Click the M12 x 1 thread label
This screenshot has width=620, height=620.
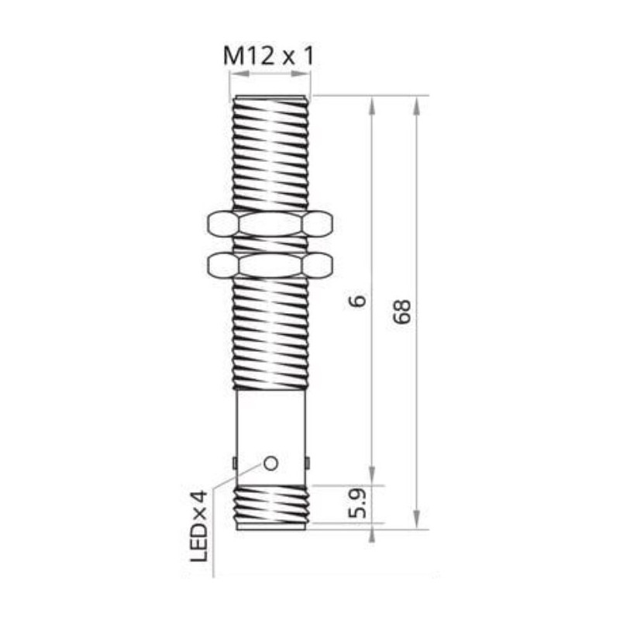[x=269, y=56]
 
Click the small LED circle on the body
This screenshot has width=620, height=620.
[x=270, y=463]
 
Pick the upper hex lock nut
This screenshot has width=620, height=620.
[x=270, y=224]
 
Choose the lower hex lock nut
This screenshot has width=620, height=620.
[x=270, y=265]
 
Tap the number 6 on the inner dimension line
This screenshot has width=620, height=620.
[x=357, y=301]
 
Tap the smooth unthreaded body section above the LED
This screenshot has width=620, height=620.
[x=271, y=422]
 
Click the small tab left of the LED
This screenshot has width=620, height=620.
[x=234, y=463]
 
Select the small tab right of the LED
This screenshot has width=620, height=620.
[x=308, y=463]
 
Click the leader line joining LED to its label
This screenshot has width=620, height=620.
[x=232, y=484]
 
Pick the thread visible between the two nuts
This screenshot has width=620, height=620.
[x=270, y=244]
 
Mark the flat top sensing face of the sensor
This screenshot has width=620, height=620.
[x=270, y=98]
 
